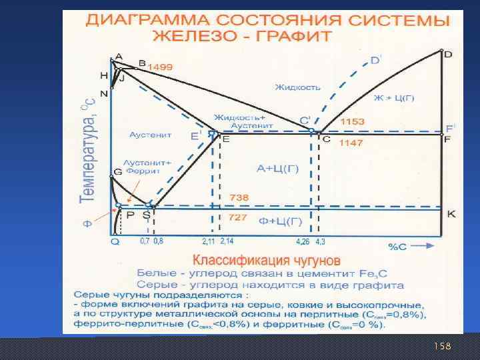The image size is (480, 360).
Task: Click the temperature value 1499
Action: [160, 67]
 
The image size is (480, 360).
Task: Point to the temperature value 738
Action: [238, 197]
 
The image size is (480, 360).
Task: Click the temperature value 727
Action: [238, 218]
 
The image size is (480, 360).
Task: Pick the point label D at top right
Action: [447, 54]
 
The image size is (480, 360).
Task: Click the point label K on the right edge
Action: [451, 214]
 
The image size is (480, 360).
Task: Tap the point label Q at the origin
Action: [115, 242]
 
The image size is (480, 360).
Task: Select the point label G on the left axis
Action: [117, 171]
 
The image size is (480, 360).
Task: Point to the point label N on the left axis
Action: [103, 92]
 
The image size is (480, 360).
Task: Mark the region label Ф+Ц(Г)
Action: [279, 221]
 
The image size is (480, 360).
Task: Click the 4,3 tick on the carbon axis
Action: [320, 241]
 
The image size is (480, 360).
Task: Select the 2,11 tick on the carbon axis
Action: [208, 241]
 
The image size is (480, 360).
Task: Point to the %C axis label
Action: [397, 246]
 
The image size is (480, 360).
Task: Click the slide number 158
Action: [442, 346]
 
